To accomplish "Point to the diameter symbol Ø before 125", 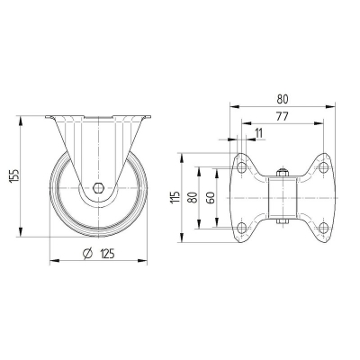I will coord(87,255).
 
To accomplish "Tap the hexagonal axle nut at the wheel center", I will coord(97,190).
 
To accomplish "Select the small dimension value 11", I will coord(258,133).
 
